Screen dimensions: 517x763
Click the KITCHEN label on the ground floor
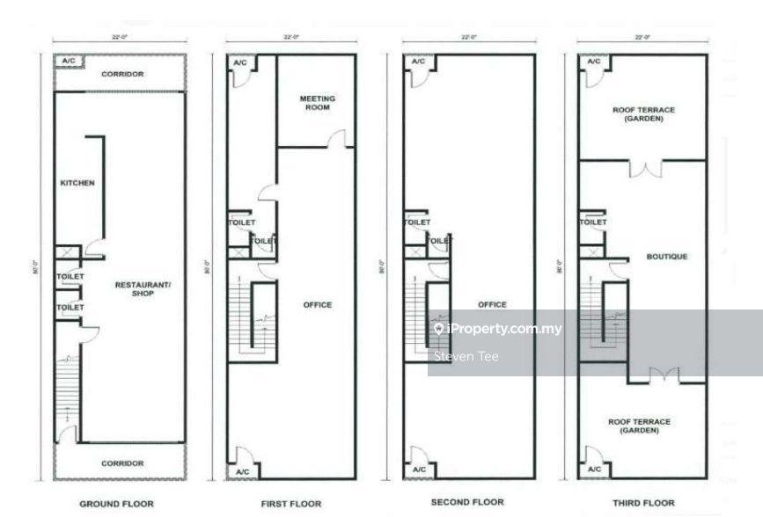click(x=77, y=183)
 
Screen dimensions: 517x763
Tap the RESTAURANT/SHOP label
click(x=137, y=288)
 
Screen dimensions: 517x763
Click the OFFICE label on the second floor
click(x=492, y=304)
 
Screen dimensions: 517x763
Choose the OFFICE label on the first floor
click(x=318, y=304)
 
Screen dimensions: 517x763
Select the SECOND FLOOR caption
click(x=467, y=502)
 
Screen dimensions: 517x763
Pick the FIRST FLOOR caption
click(x=291, y=504)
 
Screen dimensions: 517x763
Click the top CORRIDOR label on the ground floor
click(x=121, y=75)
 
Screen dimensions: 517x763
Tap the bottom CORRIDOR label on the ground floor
click(x=121, y=462)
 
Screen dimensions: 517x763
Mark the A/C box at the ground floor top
click(x=67, y=61)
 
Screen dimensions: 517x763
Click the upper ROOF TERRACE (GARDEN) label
click(x=643, y=113)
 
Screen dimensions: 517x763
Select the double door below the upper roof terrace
click(x=644, y=168)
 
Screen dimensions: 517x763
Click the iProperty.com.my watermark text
click(x=497, y=329)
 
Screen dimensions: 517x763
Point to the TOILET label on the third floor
click(x=593, y=222)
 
